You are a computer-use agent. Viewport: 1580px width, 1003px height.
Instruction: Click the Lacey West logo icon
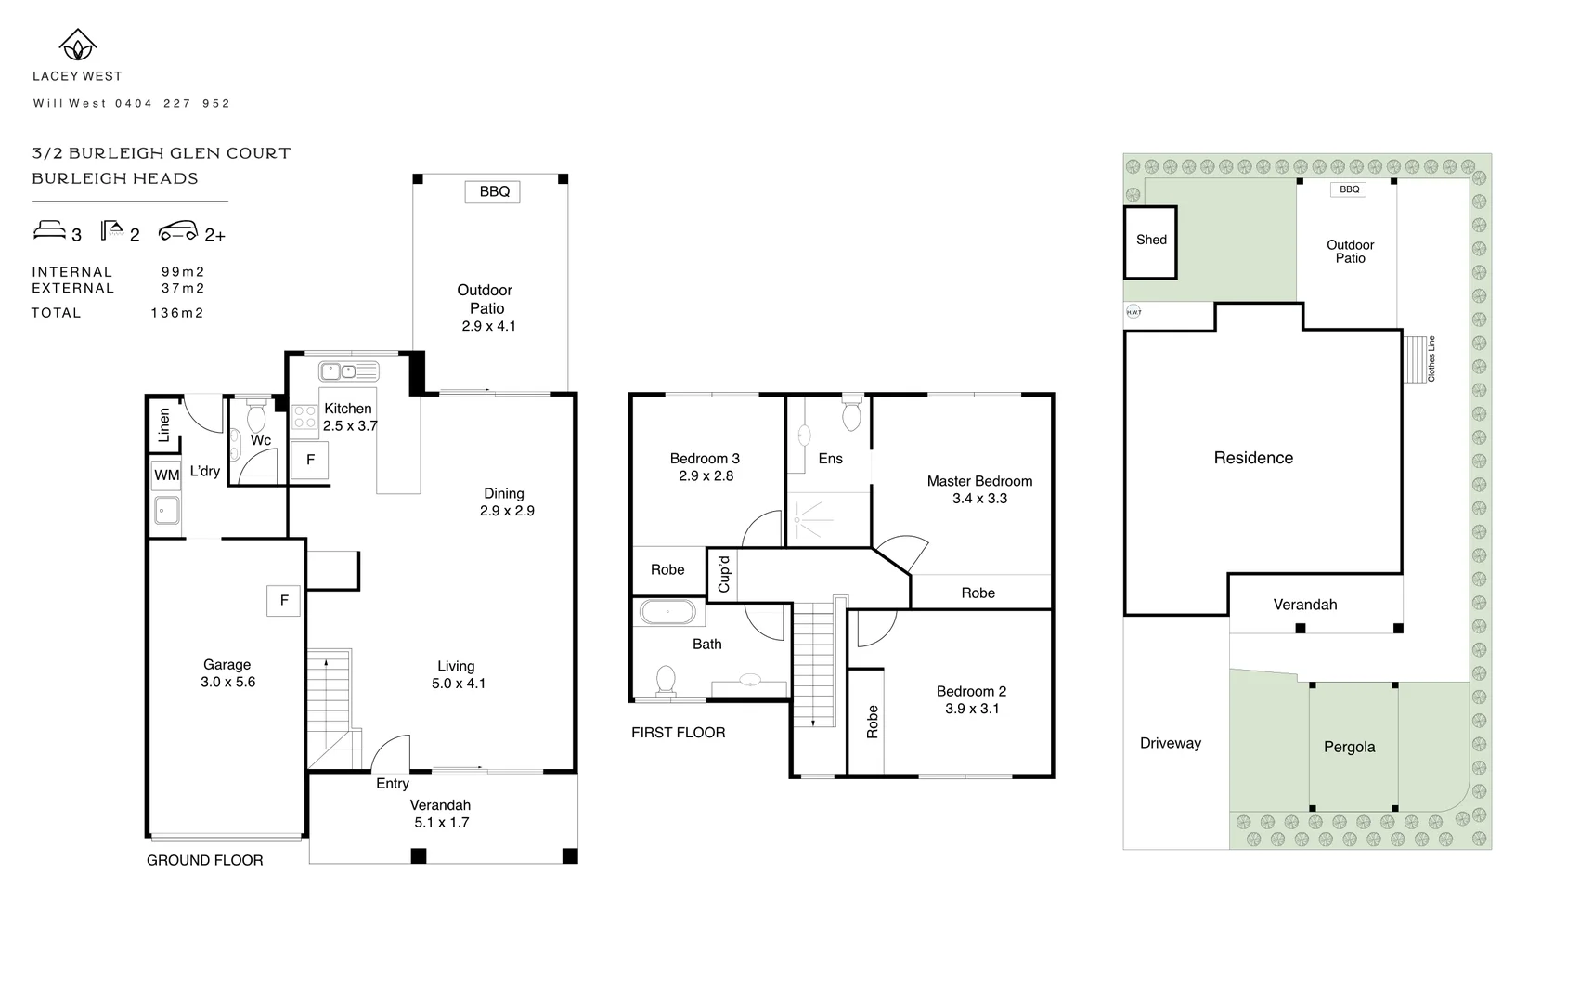pos(78,45)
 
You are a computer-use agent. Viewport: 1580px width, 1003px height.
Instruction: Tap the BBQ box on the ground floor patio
pos(493,192)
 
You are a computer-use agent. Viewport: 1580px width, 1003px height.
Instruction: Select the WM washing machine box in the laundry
pos(166,475)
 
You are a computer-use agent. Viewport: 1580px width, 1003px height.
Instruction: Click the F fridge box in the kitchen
pos(310,461)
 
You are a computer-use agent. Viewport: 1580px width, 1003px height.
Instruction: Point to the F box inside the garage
pos(284,601)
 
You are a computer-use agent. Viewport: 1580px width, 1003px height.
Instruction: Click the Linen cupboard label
pos(164,424)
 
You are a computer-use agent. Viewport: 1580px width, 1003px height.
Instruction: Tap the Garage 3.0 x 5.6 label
pos(228,673)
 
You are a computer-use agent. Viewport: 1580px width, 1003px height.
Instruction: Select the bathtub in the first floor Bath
pos(667,613)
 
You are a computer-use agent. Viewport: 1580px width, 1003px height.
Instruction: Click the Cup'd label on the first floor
pos(724,573)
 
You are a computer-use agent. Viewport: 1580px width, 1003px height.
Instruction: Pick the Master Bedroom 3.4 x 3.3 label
pos(979,489)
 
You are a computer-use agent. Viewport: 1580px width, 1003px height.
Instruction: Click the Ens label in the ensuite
pos(830,459)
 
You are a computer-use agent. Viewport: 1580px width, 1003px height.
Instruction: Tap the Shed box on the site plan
pos(1151,241)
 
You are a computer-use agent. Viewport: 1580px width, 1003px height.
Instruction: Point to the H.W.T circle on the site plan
pos(1133,312)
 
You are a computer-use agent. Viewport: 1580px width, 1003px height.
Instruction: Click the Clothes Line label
pos(1431,358)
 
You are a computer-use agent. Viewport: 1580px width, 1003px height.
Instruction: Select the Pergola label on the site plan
pos(1349,748)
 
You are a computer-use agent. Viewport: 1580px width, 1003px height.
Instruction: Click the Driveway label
pos(1170,743)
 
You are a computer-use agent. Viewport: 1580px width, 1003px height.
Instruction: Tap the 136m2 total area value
pos(177,313)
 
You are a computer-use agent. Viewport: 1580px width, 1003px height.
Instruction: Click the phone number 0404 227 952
pos(173,104)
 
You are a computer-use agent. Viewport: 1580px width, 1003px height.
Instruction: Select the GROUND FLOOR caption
pos(204,861)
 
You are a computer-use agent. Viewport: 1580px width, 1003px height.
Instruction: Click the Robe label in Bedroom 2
pos(872,722)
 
